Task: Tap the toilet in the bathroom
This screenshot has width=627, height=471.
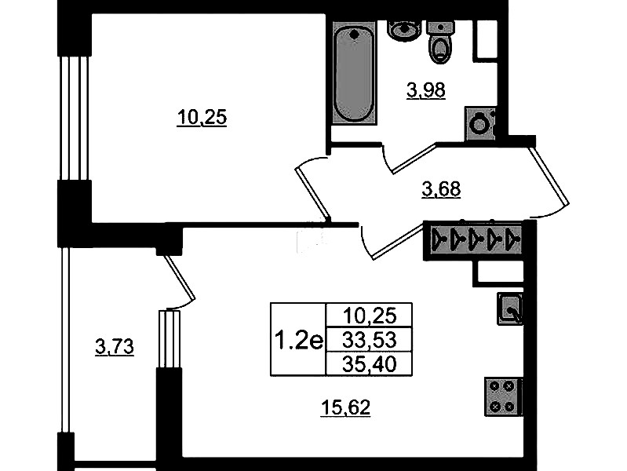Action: [440, 42]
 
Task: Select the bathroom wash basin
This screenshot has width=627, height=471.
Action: [404, 31]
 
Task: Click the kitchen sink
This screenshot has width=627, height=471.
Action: [510, 309]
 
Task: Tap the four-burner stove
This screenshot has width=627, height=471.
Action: [503, 396]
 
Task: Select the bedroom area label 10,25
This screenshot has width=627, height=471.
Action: [202, 118]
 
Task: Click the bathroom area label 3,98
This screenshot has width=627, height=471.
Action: [426, 90]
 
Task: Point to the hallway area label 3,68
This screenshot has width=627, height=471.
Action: [441, 189]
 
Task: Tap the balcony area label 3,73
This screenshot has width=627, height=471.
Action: [115, 346]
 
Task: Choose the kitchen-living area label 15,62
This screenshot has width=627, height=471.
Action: [345, 408]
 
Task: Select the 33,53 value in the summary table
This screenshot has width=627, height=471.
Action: [370, 340]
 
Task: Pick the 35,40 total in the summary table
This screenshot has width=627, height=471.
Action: [370, 364]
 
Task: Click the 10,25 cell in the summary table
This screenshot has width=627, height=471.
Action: [370, 316]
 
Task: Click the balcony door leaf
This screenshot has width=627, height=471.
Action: [180, 278]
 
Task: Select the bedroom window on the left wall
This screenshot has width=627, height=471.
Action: [75, 118]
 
